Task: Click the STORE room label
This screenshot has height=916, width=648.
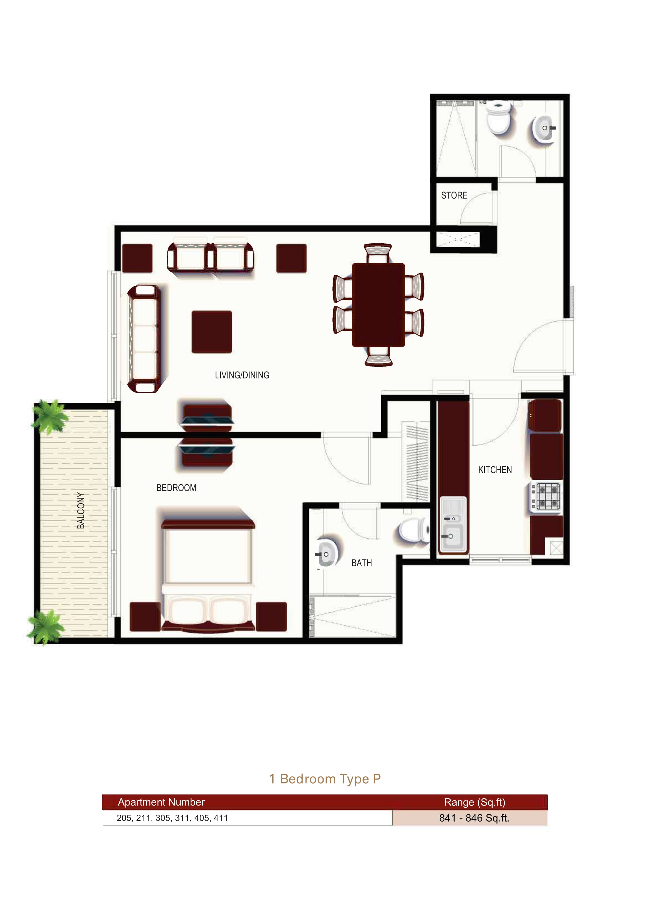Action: [x=454, y=195]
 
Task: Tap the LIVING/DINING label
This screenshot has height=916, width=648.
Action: [x=242, y=375]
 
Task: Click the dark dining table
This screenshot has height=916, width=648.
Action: [x=378, y=305]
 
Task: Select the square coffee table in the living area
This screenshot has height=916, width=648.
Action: [x=212, y=332]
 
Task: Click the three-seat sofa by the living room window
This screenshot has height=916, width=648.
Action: [x=144, y=339]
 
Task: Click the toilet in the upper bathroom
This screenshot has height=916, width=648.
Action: [x=498, y=117]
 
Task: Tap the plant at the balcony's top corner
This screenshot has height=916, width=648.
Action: [x=50, y=416]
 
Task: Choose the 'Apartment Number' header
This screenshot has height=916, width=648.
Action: [x=161, y=802]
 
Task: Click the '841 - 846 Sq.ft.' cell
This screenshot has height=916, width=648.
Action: [x=474, y=818]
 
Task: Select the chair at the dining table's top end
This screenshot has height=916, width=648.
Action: [x=378, y=253]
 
